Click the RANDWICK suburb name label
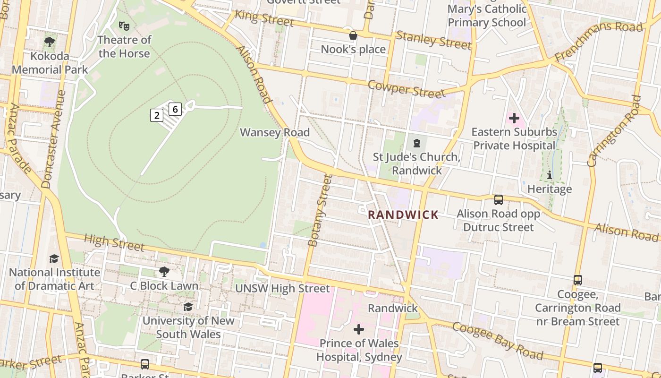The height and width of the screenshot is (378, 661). coord(403,215)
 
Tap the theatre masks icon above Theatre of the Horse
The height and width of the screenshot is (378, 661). coord(124,26)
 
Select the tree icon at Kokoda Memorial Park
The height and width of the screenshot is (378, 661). coord(50,42)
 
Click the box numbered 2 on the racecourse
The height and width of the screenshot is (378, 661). coord(157,115)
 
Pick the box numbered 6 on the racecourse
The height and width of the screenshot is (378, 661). coord(175,109)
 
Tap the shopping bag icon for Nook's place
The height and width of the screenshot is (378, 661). coord(353,35)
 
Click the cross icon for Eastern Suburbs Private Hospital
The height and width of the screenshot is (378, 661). coord(514,118)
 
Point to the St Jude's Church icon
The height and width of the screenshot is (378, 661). coord(417,143)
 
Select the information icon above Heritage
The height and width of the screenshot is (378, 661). coord(549,175)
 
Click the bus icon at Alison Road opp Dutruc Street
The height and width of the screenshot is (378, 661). coord(499,200)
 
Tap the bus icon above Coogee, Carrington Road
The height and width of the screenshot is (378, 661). coord(578,280)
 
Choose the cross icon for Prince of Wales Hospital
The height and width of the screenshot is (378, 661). coord(359,329)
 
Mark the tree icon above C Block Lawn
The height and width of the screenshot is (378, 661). coord(164,272)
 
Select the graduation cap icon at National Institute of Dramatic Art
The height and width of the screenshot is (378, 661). coord(54,258)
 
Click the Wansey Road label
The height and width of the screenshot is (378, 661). coord(275,133)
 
